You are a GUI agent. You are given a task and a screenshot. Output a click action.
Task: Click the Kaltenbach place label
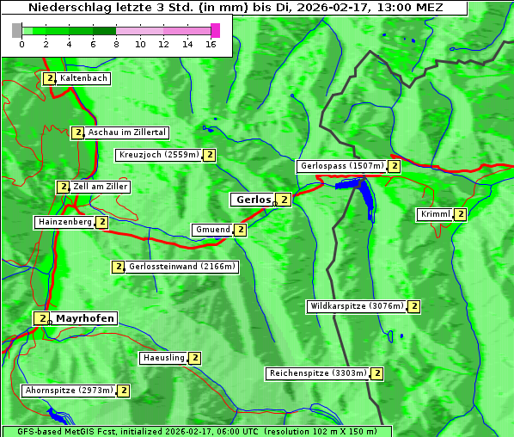pos(83,78)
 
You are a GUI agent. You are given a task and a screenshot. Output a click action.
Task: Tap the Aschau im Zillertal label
pos(126,132)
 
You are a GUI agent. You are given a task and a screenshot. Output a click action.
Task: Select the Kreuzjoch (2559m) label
pos(158,156)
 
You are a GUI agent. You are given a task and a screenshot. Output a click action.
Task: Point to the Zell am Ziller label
pos(101,187)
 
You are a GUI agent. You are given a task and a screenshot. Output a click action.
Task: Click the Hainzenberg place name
pos(64,222)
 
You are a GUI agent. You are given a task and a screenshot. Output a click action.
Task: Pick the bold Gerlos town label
pos(253,200)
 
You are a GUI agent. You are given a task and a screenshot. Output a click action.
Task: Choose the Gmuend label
pos(212,230)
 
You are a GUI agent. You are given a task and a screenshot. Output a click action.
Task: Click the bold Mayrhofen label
pos(85,318)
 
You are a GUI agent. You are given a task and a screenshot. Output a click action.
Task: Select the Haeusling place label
pos(163,358)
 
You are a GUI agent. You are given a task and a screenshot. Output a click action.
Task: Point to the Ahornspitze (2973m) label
pos(69,391)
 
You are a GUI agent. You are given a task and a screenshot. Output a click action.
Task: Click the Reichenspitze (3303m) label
pos(318,373)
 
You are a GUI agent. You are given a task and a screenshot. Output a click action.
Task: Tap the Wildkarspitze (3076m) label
pos(356,306)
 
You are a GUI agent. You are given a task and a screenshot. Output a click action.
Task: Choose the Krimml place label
pos(435,214)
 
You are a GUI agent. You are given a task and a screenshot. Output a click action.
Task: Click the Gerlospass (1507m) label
pos(341,166)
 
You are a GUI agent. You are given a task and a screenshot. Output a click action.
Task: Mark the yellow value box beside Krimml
pos(461,214)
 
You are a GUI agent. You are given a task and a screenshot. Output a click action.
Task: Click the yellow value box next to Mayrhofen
pos(40,318)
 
